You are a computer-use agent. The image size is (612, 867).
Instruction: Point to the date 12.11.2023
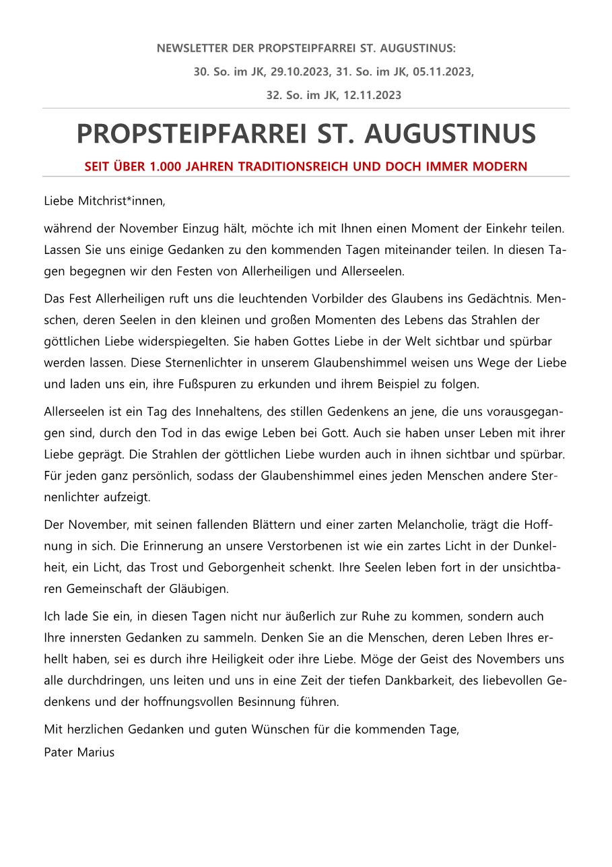[x=372, y=95]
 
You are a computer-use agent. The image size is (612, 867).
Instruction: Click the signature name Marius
[x=97, y=752]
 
